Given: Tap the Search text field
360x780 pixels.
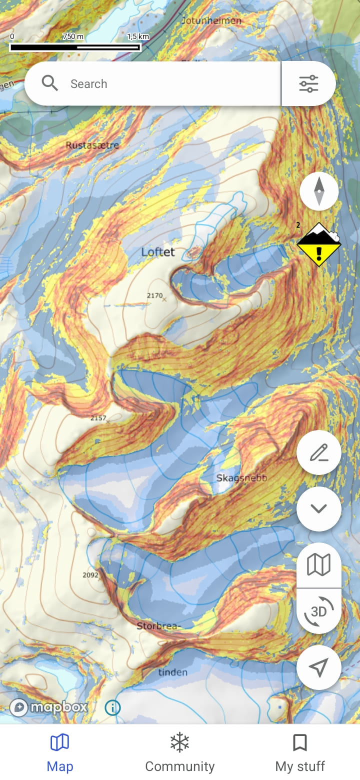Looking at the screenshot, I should pyautogui.click(x=165, y=83).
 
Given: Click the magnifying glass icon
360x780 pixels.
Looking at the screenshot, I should pyautogui.click(x=49, y=83).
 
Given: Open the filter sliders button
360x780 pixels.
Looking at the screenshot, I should pyautogui.click(x=308, y=83).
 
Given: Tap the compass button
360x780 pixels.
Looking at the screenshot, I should pyautogui.click(x=319, y=191).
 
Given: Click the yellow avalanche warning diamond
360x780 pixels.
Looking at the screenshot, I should pyautogui.click(x=318, y=244).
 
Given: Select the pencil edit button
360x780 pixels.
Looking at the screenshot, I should pyautogui.click(x=318, y=453).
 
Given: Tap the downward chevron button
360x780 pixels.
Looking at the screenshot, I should pyautogui.click(x=318, y=509).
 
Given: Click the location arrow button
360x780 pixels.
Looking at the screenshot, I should pyautogui.click(x=318, y=667).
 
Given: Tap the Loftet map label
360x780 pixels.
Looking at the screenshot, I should pyautogui.click(x=158, y=252).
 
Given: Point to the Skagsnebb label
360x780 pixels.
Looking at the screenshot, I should pyautogui.click(x=241, y=478).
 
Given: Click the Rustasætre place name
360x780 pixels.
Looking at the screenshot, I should pyautogui.click(x=92, y=145).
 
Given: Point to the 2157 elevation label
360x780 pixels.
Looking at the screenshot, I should pyautogui.click(x=98, y=418).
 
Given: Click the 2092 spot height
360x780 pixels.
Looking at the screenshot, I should pyautogui.click(x=90, y=575).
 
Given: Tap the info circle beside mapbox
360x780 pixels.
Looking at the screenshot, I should pyautogui.click(x=112, y=707).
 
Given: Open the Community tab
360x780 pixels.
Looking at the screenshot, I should pyautogui.click(x=179, y=752).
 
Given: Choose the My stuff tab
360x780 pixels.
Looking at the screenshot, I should pyautogui.click(x=299, y=752).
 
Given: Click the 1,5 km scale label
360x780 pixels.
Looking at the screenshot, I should pyautogui.click(x=138, y=36).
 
